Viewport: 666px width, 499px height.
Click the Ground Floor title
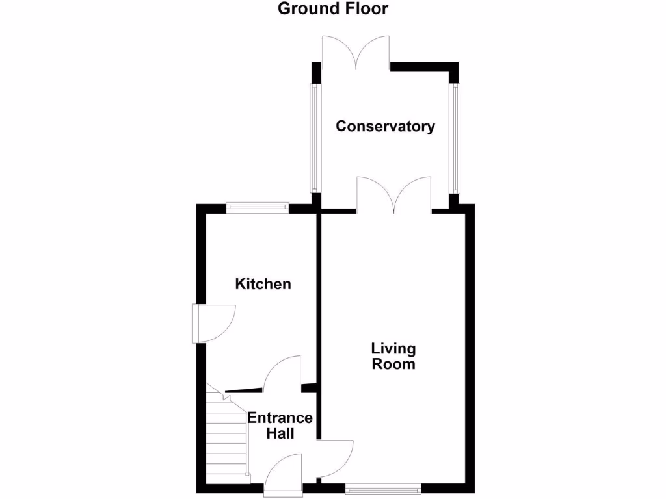click(332, 8)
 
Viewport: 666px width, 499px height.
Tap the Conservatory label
click(385, 126)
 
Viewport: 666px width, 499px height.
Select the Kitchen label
click(263, 284)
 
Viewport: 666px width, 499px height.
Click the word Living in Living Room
click(393, 349)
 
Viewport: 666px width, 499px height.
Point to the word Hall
click(280, 433)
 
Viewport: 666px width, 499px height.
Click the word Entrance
click(280, 418)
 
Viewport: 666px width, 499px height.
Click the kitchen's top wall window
click(257, 207)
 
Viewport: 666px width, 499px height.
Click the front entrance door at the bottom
click(283, 478)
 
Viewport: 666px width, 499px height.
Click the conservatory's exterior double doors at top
click(356, 52)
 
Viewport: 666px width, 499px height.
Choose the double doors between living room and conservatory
click(393, 195)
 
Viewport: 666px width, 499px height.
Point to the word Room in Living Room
click(393, 364)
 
